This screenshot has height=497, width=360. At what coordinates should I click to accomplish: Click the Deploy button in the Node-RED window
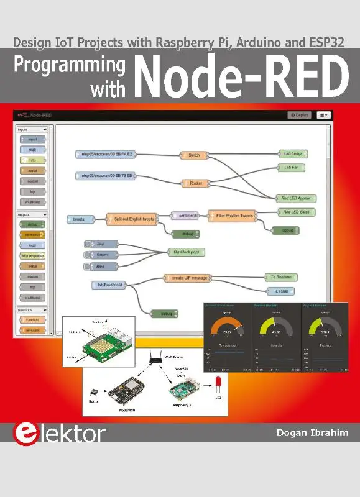click(299, 115)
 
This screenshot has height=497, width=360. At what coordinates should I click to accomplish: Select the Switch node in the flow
click(194, 155)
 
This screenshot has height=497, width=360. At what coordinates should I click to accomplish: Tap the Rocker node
click(194, 183)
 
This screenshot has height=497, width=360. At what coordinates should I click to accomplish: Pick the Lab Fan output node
click(291, 168)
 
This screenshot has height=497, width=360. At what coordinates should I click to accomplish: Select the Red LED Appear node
click(295, 198)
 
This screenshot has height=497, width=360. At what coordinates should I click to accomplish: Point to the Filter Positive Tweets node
click(230, 216)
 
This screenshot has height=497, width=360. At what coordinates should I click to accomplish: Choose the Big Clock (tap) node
click(185, 252)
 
